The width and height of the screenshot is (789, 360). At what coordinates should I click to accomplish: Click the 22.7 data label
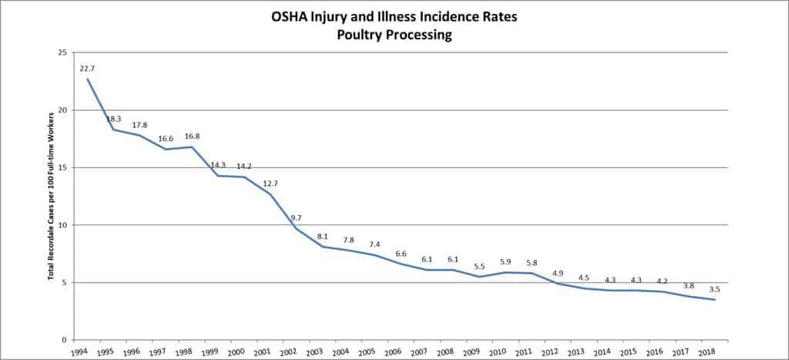click(x=87, y=69)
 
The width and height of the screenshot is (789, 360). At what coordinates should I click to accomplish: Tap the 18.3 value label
click(x=113, y=119)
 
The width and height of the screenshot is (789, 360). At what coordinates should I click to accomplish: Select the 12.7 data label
click(x=270, y=183)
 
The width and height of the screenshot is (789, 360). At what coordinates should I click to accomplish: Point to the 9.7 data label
click(x=297, y=218)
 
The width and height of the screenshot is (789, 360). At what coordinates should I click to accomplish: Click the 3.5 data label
click(x=716, y=289)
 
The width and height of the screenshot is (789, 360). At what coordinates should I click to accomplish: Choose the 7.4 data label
click(x=375, y=244)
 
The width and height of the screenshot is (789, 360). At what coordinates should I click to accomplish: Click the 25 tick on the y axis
click(x=62, y=52)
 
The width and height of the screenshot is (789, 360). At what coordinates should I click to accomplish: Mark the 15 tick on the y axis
click(x=62, y=167)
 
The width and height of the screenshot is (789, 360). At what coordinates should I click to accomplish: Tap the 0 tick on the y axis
click(x=65, y=340)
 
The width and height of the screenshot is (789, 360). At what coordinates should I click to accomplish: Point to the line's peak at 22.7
click(x=87, y=79)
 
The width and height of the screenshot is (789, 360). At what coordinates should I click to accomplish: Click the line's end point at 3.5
click(x=716, y=300)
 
